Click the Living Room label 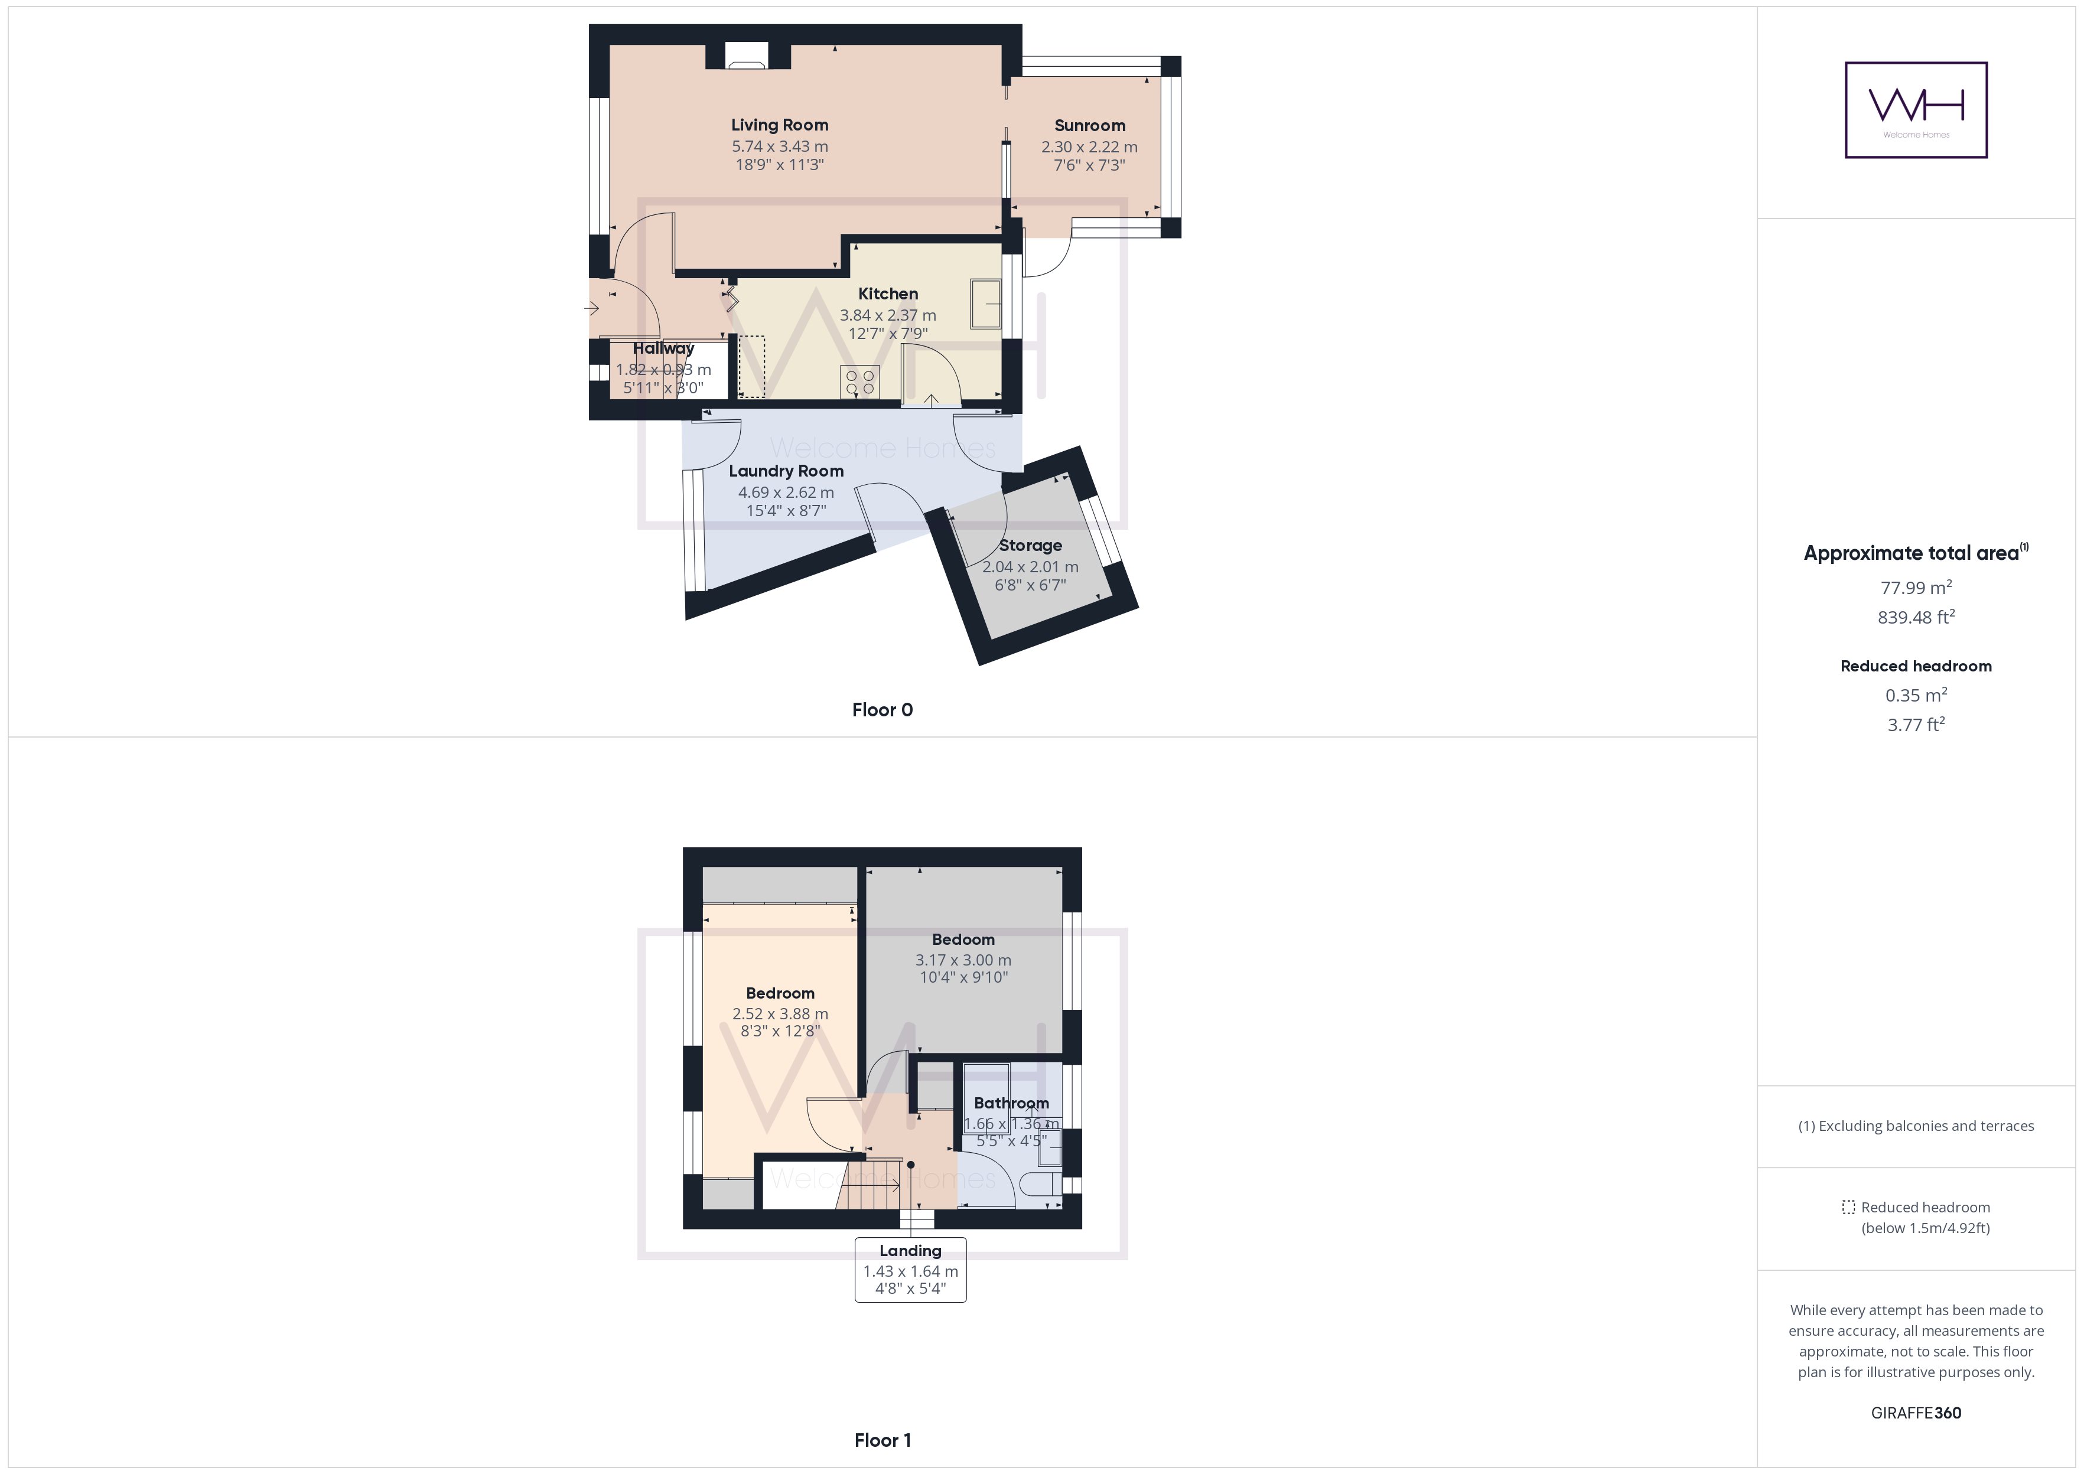coord(780,125)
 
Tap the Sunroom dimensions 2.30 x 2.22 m coord(1089,147)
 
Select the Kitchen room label coord(888,294)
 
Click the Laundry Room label coord(786,471)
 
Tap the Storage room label coord(1030,546)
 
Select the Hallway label coord(663,348)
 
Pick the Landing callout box coord(910,1269)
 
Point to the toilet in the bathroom coord(1038,1183)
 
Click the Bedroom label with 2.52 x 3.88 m coord(780,993)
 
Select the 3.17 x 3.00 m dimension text coord(963,960)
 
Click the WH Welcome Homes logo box coord(1916,110)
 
